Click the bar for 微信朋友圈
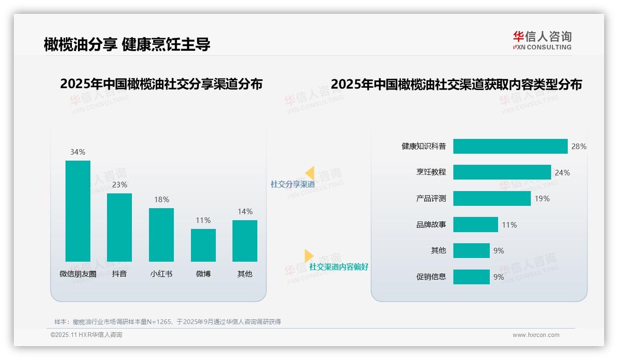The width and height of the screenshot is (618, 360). point(78,211)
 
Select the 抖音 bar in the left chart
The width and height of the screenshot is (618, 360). point(119,227)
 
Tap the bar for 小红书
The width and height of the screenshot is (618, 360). point(161,234)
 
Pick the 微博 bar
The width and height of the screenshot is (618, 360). point(203,245)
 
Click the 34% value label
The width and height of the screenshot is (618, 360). point(78,152)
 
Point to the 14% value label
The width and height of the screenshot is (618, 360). point(245,211)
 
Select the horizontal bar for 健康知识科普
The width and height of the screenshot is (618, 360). point(510,146)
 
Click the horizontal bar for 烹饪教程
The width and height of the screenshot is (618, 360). point(502,172)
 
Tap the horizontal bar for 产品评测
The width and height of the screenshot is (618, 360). point(492,198)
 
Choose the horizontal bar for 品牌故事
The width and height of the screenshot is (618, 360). point(475,225)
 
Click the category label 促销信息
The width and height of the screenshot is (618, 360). point(431,277)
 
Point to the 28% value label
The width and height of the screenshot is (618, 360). point(579,146)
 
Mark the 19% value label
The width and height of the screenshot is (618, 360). point(542,198)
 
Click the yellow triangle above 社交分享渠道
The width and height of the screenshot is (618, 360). point(310,173)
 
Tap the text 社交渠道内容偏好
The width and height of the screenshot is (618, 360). point(339,267)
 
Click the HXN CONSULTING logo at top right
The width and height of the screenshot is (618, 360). point(542,41)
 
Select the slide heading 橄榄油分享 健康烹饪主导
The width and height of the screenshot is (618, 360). point(127,44)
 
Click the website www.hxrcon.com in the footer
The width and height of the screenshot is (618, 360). point(536,335)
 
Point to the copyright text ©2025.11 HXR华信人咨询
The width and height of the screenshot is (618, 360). point(86,335)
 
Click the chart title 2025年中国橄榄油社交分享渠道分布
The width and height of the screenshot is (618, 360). point(161,84)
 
